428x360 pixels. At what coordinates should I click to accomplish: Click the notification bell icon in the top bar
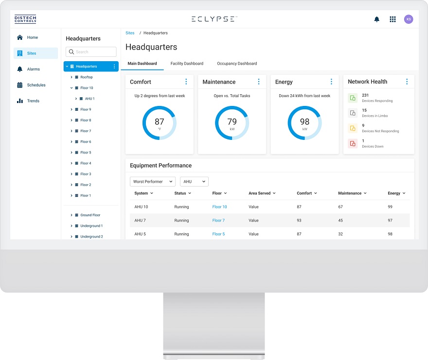[x=376, y=19]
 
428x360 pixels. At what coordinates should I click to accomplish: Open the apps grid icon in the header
[x=392, y=19]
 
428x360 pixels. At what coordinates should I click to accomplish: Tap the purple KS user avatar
[x=409, y=19]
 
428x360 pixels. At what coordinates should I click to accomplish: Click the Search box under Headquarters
[x=91, y=52]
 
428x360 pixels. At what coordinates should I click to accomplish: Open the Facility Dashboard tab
[x=187, y=64]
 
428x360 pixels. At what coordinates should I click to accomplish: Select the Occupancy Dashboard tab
[x=237, y=64]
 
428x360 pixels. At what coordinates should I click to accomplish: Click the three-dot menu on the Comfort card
[x=186, y=82]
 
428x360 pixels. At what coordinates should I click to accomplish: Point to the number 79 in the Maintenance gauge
[x=232, y=121]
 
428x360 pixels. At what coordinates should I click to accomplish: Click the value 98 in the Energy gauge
[x=304, y=121]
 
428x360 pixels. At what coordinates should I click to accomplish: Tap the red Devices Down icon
[x=353, y=143]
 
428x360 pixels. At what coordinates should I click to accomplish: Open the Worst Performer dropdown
[x=153, y=182]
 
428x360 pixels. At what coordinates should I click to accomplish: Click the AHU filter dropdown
[x=194, y=182]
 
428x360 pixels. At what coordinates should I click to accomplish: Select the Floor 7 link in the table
[x=218, y=221]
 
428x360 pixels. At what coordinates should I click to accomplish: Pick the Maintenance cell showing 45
[x=340, y=221]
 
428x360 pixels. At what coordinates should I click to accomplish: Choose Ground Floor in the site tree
[x=90, y=215]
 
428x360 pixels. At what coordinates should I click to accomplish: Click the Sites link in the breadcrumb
[x=130, y=33]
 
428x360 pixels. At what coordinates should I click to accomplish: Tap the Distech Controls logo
[x=25, y=19]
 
